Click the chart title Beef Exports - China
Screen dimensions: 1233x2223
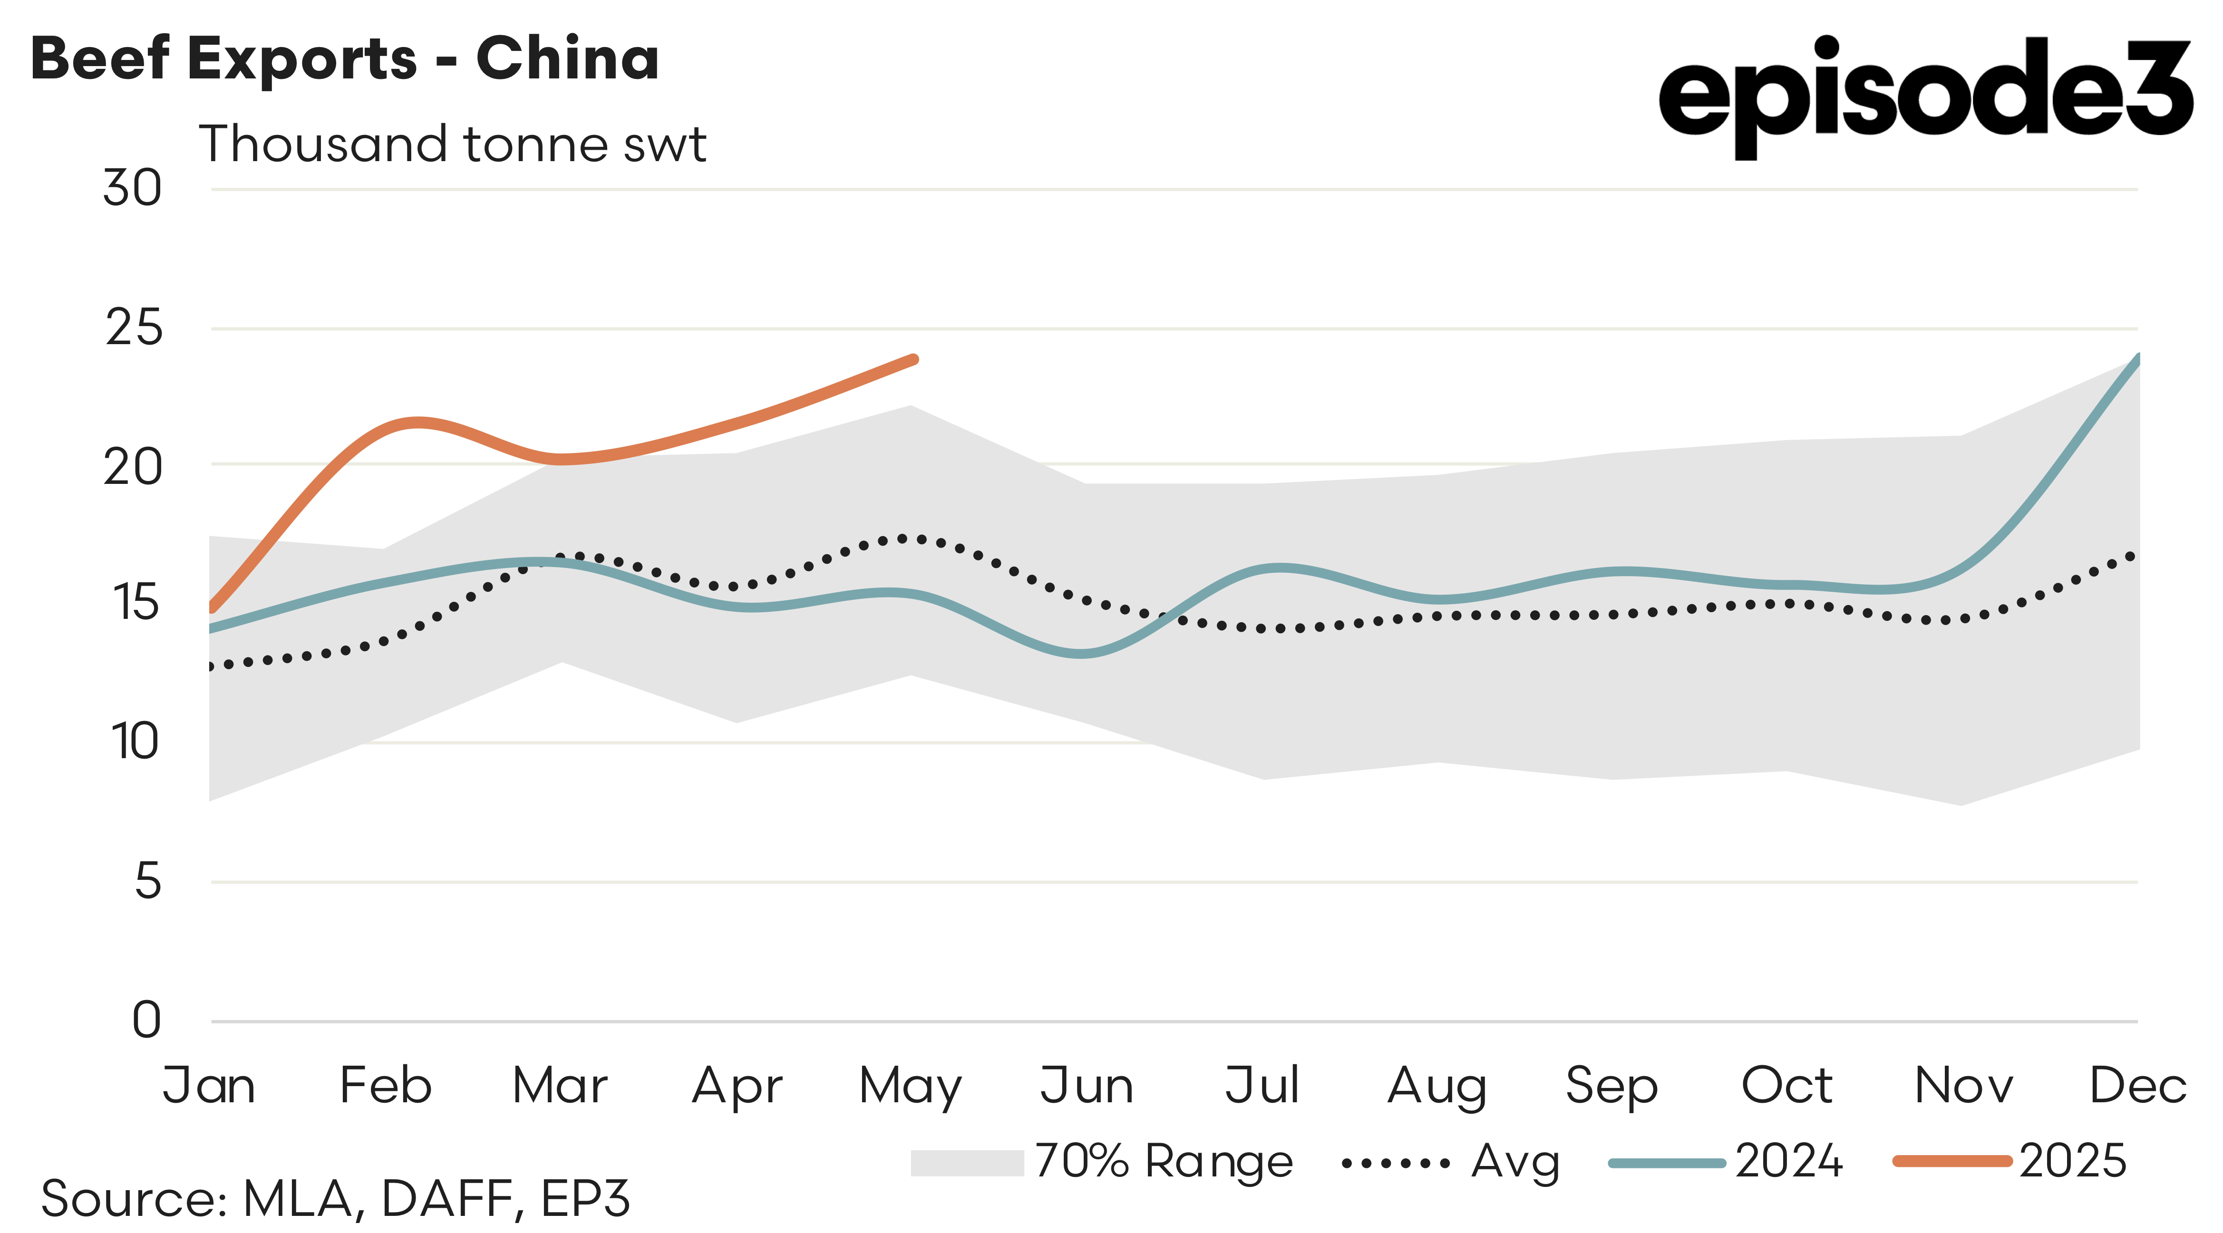345,58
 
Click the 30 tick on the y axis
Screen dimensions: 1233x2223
132,188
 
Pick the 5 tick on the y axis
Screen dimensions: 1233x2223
147,882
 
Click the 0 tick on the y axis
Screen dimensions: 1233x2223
147,1020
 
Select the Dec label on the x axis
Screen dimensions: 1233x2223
2137,1086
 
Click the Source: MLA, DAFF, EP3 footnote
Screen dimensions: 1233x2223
335,1198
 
